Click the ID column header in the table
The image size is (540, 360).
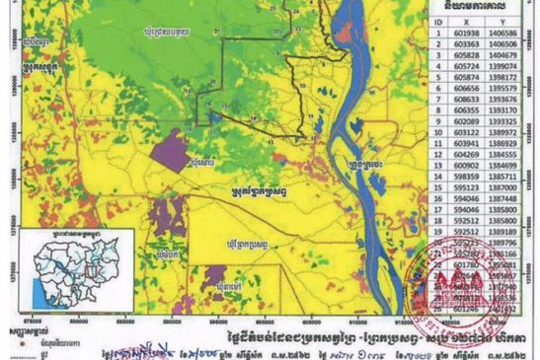436,20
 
